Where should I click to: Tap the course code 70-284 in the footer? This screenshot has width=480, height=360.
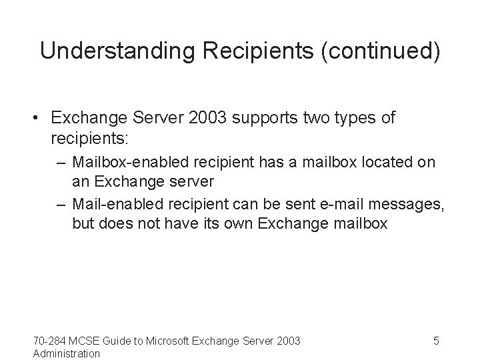pos(49,341)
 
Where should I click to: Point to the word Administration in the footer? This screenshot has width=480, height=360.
pos(67,353)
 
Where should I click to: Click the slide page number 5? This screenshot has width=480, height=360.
pos(436,341)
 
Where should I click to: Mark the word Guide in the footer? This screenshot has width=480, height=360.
pos(115,341)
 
